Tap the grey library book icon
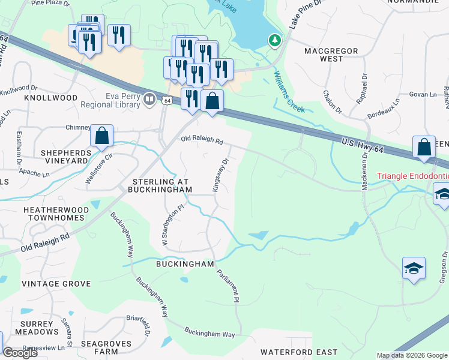coord(149,98)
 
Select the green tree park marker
coord(275,41)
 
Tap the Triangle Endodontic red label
coord(412,177)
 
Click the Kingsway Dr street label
coord(220,175)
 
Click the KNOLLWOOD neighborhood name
coord(51,97)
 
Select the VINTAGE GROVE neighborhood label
coord(56,284)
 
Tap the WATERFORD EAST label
coord(298,352)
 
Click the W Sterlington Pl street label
coord(171,224)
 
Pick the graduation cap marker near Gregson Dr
coord(414,268)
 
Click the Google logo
coord(19,353)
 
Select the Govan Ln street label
coord(423,95)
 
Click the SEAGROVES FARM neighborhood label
coord(92,347)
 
